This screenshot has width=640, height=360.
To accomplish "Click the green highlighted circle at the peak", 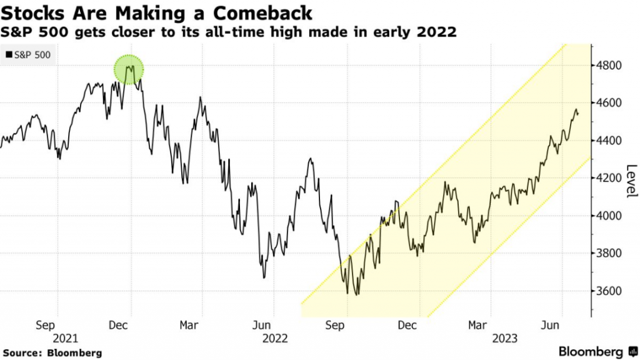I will (129, 69).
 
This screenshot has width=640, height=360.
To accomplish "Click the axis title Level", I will (631, 181).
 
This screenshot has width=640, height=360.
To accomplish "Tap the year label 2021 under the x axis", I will (65, 338).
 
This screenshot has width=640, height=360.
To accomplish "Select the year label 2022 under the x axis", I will (275, 338).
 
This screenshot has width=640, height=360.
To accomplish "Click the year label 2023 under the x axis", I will (505, 338).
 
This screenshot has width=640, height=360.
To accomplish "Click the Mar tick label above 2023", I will (478, 325).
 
